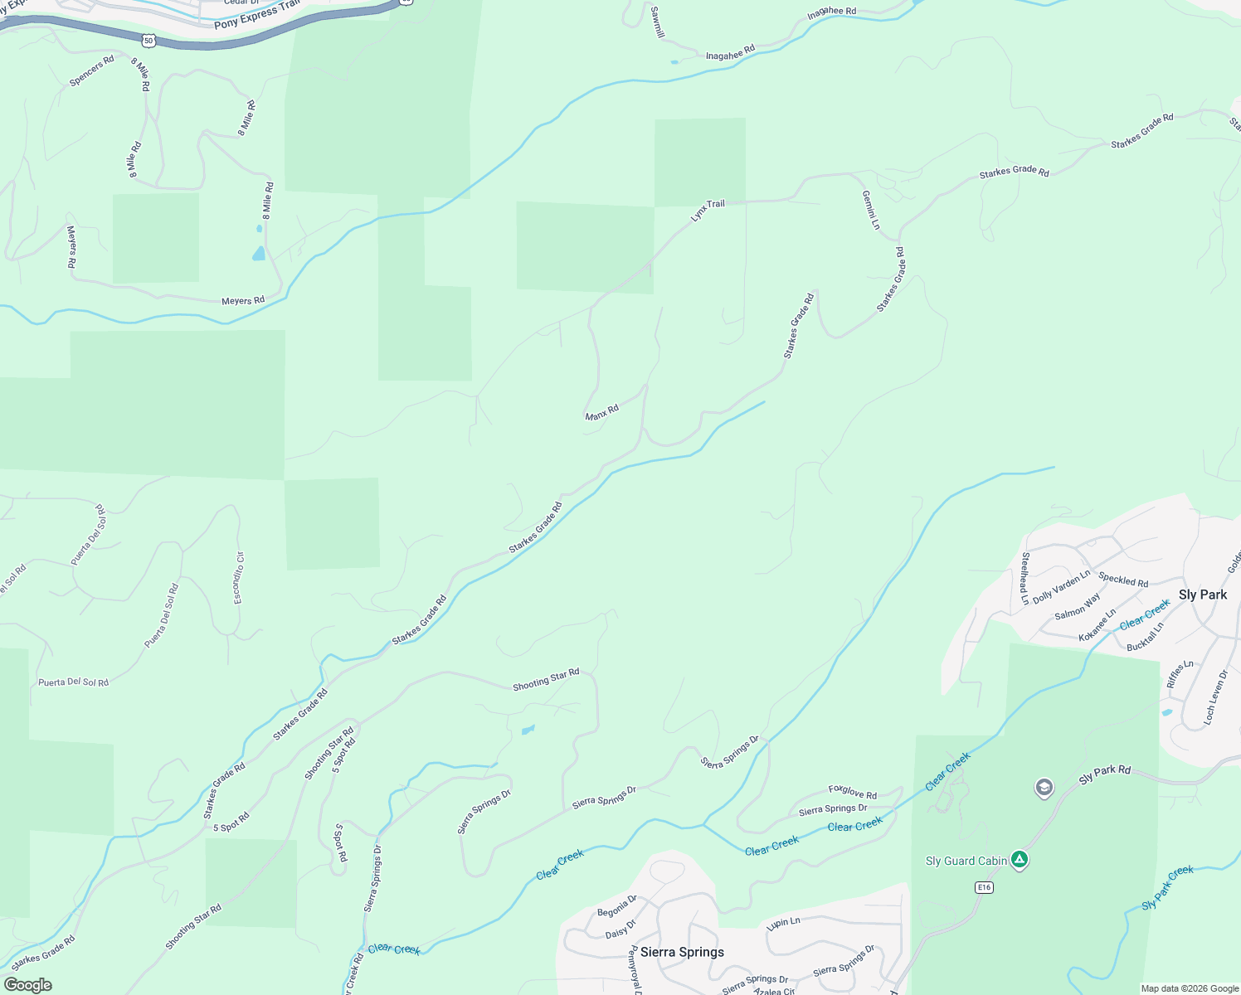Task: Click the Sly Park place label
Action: click(1202, 595)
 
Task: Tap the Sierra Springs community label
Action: click(682, 952)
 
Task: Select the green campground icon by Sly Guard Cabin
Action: click(1020, 860)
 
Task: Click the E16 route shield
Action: click(984, 887)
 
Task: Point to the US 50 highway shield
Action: click(148, 40)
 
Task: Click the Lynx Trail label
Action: click(708, 210)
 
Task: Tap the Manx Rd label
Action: click(601, 412)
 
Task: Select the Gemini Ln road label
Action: click(870, 210)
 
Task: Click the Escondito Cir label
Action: click(239, 578)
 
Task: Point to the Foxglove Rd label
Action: click(852, 793)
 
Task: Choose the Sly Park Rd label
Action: click(1104, 775)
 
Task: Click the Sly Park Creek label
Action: click(1167, 887)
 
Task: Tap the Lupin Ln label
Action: click(783, 923)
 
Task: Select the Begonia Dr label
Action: click(617, 905)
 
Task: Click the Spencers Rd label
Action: click(92, 71)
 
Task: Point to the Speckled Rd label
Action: click(1123, 580)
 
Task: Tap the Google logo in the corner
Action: click(28, 985)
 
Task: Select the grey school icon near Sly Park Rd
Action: click(1044, 787)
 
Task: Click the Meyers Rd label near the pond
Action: click(243, 300)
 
